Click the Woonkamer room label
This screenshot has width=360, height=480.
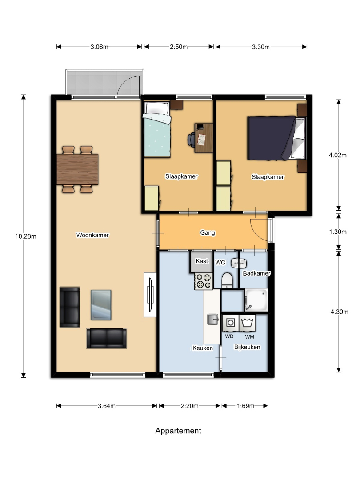pos(92,235)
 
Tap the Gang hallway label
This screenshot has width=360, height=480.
pos(208,232)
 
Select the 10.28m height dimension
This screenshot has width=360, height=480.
pos(26,236)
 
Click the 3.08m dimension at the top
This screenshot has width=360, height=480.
pos(99,47)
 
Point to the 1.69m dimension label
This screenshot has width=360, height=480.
pos(245,406)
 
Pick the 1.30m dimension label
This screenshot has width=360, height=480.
pos(338,232)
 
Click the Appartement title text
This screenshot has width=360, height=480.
pos(178,431)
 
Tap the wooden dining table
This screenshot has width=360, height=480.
pos(77,169)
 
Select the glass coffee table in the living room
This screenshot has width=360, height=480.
pos(101,305)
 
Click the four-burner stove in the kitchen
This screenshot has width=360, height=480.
pos(204,281)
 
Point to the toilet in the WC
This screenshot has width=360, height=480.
pos(227,280)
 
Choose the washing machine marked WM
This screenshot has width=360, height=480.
pos(247,323)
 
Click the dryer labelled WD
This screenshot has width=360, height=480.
pos(231,323)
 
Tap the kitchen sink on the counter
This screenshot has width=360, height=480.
pos(213,319)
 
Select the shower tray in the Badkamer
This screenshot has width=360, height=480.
pos(256,300)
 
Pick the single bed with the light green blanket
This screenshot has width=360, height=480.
pos(156,130)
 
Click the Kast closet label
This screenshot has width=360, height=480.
pos(202,261)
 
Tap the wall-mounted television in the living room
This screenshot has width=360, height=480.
pos(150,295)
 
